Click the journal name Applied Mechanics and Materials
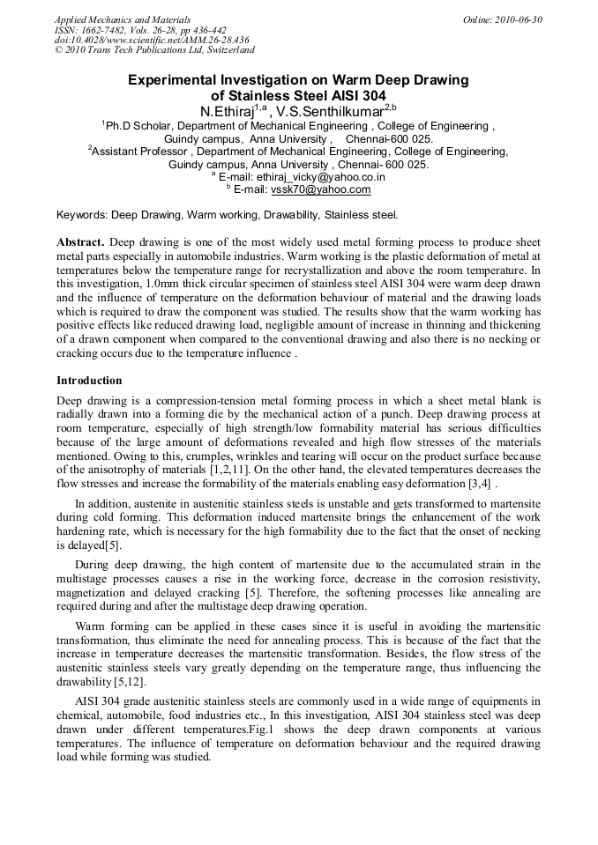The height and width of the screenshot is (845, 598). (122, 19)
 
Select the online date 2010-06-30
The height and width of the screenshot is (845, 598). (516, 19)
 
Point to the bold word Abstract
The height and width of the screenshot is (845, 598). (79, 241)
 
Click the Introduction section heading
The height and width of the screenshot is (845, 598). (89, 381)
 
